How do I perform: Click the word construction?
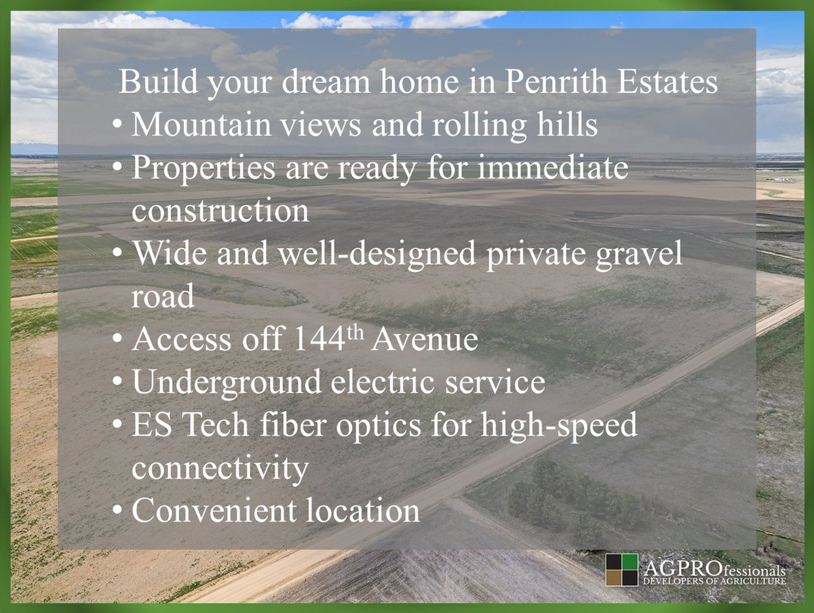[220, 211]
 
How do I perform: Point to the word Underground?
[227, 382]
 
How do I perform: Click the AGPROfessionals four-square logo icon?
[622, 570]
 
